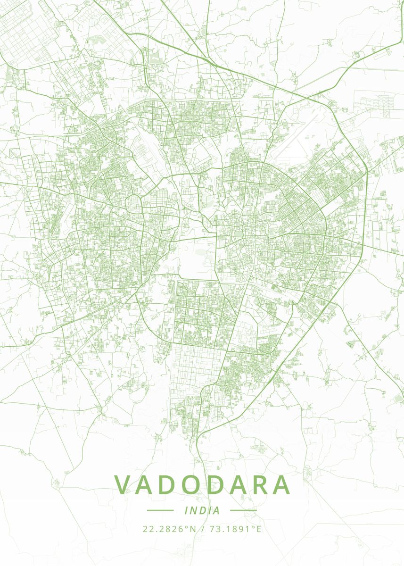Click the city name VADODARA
202,485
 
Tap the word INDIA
202,510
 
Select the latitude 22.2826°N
169,529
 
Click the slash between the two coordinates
202,529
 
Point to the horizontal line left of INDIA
160,510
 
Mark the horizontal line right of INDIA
243,510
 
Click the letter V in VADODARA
123,485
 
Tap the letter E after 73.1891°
258,529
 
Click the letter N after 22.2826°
192,529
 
